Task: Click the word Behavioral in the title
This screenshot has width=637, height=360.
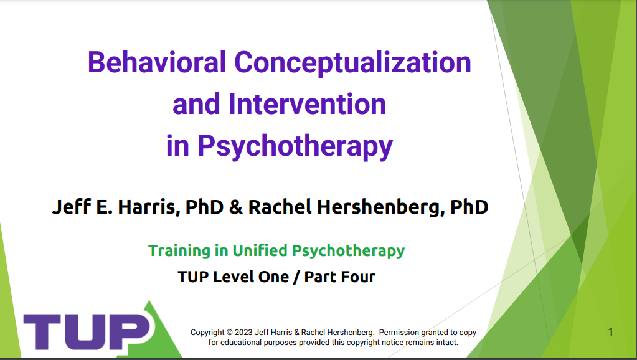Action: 156,62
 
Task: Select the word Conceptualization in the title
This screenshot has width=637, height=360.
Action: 352,63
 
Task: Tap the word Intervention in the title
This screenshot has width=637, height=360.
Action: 307,104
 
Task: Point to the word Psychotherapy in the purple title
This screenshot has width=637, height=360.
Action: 295,146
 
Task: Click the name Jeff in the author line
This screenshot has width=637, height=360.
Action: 72,206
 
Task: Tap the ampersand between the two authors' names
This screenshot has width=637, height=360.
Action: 235,207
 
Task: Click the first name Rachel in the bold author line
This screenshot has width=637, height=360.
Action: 280,206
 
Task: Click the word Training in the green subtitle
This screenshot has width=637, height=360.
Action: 179,251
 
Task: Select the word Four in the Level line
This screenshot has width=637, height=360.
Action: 357,277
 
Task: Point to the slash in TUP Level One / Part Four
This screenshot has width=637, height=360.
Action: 296,277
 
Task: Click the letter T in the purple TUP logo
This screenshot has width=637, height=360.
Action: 42,331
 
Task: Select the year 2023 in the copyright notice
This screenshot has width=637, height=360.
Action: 243,333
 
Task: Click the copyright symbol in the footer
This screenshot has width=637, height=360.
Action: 230,333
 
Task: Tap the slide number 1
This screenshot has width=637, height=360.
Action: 611,332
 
